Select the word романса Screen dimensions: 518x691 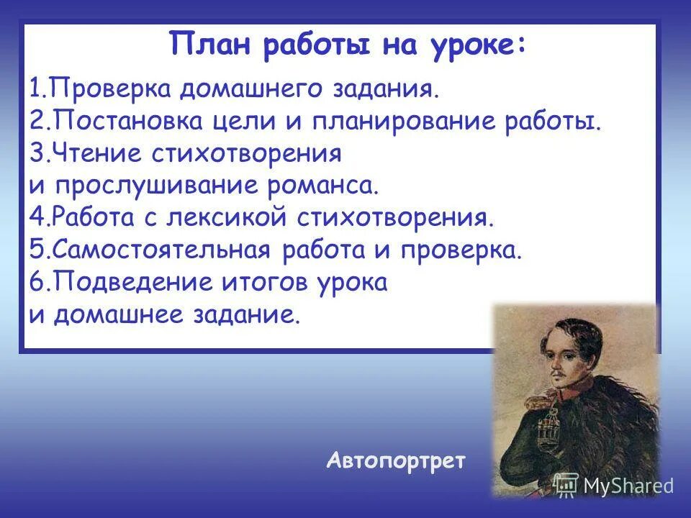tap(322, 184)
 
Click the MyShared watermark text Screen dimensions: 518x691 tap(628, 486)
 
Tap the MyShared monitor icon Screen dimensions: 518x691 tap(566, 485)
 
